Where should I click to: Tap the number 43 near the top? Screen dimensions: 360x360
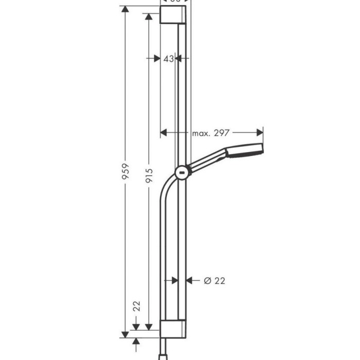(168, 59)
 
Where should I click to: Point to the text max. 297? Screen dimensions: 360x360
(211, 133)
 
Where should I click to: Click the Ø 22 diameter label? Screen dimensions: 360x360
(214, 281)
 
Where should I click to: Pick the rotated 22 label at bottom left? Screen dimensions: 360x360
(137, 307)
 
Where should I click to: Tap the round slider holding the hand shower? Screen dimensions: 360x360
(182, 173)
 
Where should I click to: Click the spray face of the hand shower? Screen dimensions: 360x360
(259, 152)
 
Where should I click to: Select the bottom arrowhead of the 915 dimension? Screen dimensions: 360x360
(149, 326)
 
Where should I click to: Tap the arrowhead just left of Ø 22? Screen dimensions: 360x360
(189, 281)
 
